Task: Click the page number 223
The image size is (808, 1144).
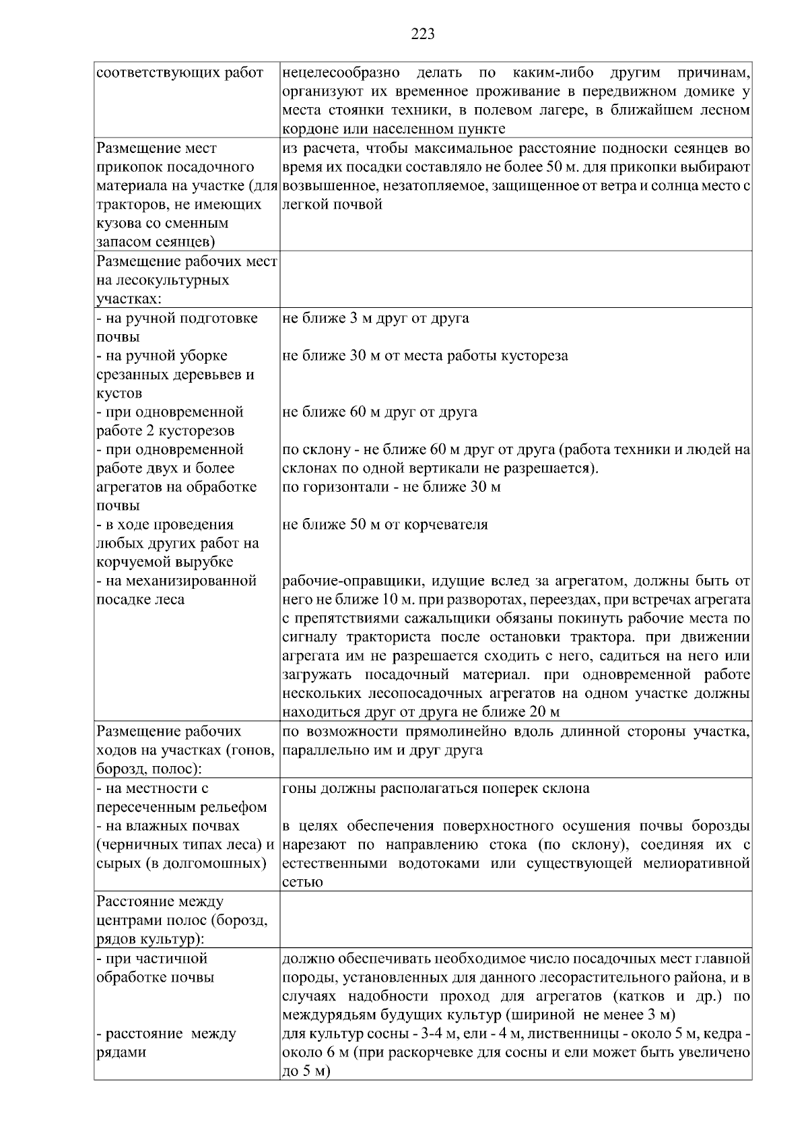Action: click(423, 34)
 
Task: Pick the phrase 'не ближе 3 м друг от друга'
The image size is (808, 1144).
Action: click(375, 318)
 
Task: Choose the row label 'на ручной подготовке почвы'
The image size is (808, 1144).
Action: click(176, 327)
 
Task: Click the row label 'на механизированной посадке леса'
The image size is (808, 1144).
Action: click(176, 590)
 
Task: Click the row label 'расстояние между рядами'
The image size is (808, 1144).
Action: click(166, 1042)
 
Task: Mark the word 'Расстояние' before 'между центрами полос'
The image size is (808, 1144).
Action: click(135, 901)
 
